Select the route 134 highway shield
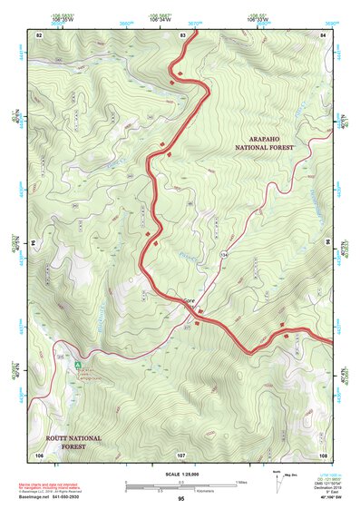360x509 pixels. [223, 257]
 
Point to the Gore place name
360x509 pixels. [190, 299]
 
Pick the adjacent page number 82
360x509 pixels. [39, 34]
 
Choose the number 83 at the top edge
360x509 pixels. [182, 34]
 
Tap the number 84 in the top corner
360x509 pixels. [324, 34]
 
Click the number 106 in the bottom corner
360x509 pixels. [39, 454]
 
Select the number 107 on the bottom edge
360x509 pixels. [181, 454]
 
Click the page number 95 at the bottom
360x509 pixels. [181, 499]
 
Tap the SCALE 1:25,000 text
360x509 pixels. [181, 475]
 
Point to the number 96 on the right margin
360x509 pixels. [328, 243]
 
